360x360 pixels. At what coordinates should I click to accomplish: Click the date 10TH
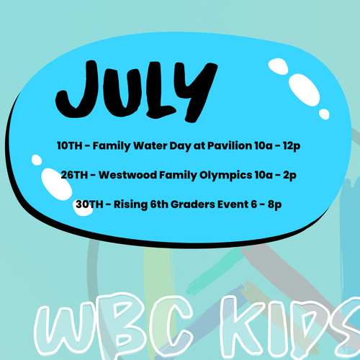(x=70, y=145)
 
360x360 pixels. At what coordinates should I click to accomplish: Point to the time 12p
(x=292, y=146)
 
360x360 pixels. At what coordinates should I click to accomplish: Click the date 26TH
(x=74, y=175)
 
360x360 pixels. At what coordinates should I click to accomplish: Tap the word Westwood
(x=128, y=175)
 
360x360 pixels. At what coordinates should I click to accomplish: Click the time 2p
(x=289, y=176)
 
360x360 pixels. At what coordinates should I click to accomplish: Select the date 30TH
(x=89, y=204)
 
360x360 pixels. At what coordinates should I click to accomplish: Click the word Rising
(x=130, y=205)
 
